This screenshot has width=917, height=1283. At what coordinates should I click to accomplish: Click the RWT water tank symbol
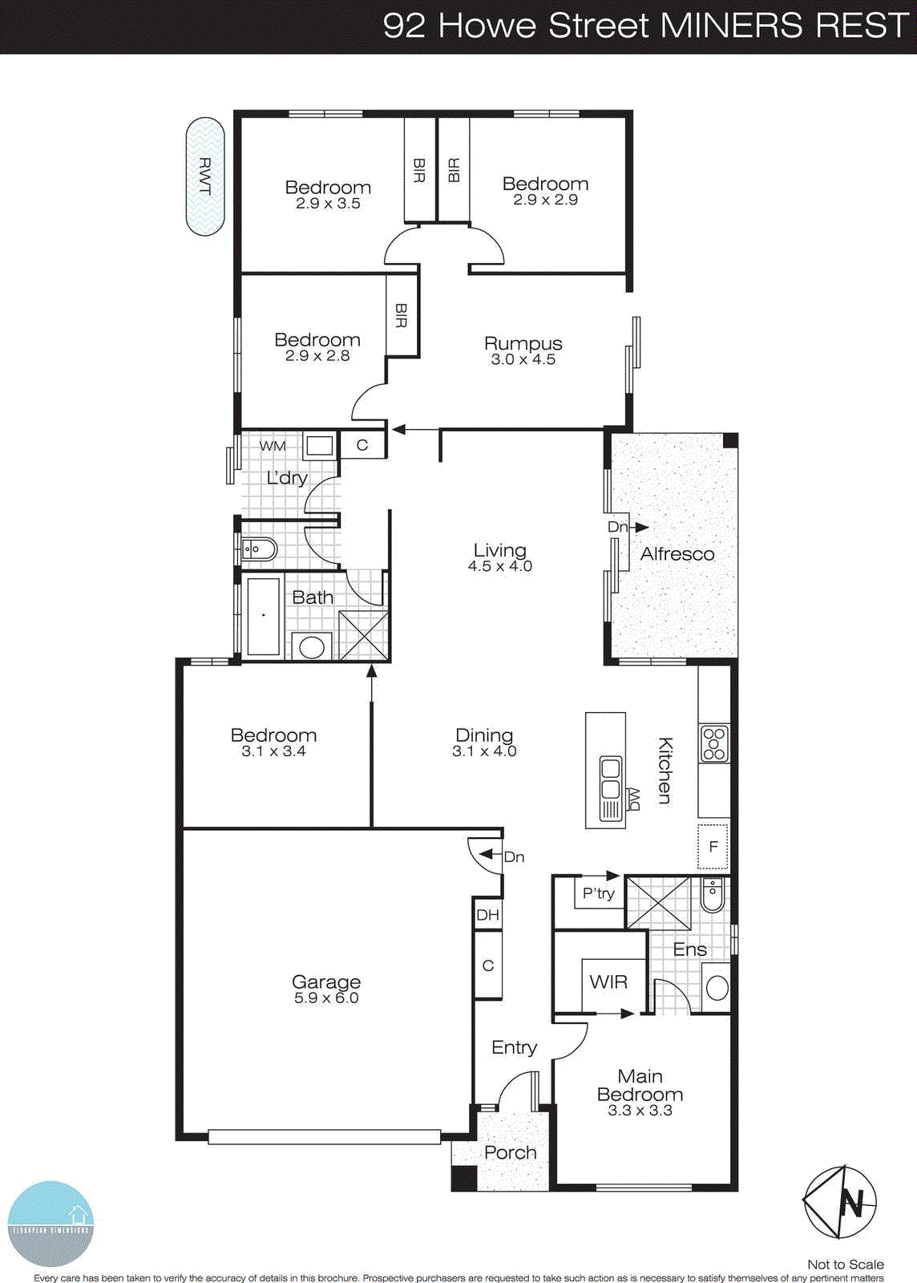(205, 177)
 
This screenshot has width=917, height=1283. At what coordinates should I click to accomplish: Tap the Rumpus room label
(523, 343)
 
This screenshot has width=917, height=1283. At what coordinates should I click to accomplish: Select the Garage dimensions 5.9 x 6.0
(326, 998)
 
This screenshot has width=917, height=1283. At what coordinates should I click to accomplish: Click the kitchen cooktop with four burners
(713, 743)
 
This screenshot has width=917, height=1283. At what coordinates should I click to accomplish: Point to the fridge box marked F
(713, 847)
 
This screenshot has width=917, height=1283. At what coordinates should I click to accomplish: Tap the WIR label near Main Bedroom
(608, 981)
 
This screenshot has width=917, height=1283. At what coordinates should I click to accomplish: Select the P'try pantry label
(598, 893)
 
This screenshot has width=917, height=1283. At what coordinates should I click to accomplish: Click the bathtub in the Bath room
(264, 616)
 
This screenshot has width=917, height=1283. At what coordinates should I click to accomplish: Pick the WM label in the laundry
(273, 446)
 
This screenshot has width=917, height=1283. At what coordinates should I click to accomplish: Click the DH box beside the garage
(487, 915)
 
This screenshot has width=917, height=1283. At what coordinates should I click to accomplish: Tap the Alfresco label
(677, 554)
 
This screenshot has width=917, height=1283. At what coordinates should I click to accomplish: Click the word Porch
(510, 1153)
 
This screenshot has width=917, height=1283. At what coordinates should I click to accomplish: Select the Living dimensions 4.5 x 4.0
(500, 566)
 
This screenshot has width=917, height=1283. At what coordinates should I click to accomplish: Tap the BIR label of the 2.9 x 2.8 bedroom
(402, 315)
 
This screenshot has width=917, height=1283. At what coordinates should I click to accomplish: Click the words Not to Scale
(845, 1265)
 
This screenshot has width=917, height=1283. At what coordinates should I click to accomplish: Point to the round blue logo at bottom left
(50, 1223)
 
